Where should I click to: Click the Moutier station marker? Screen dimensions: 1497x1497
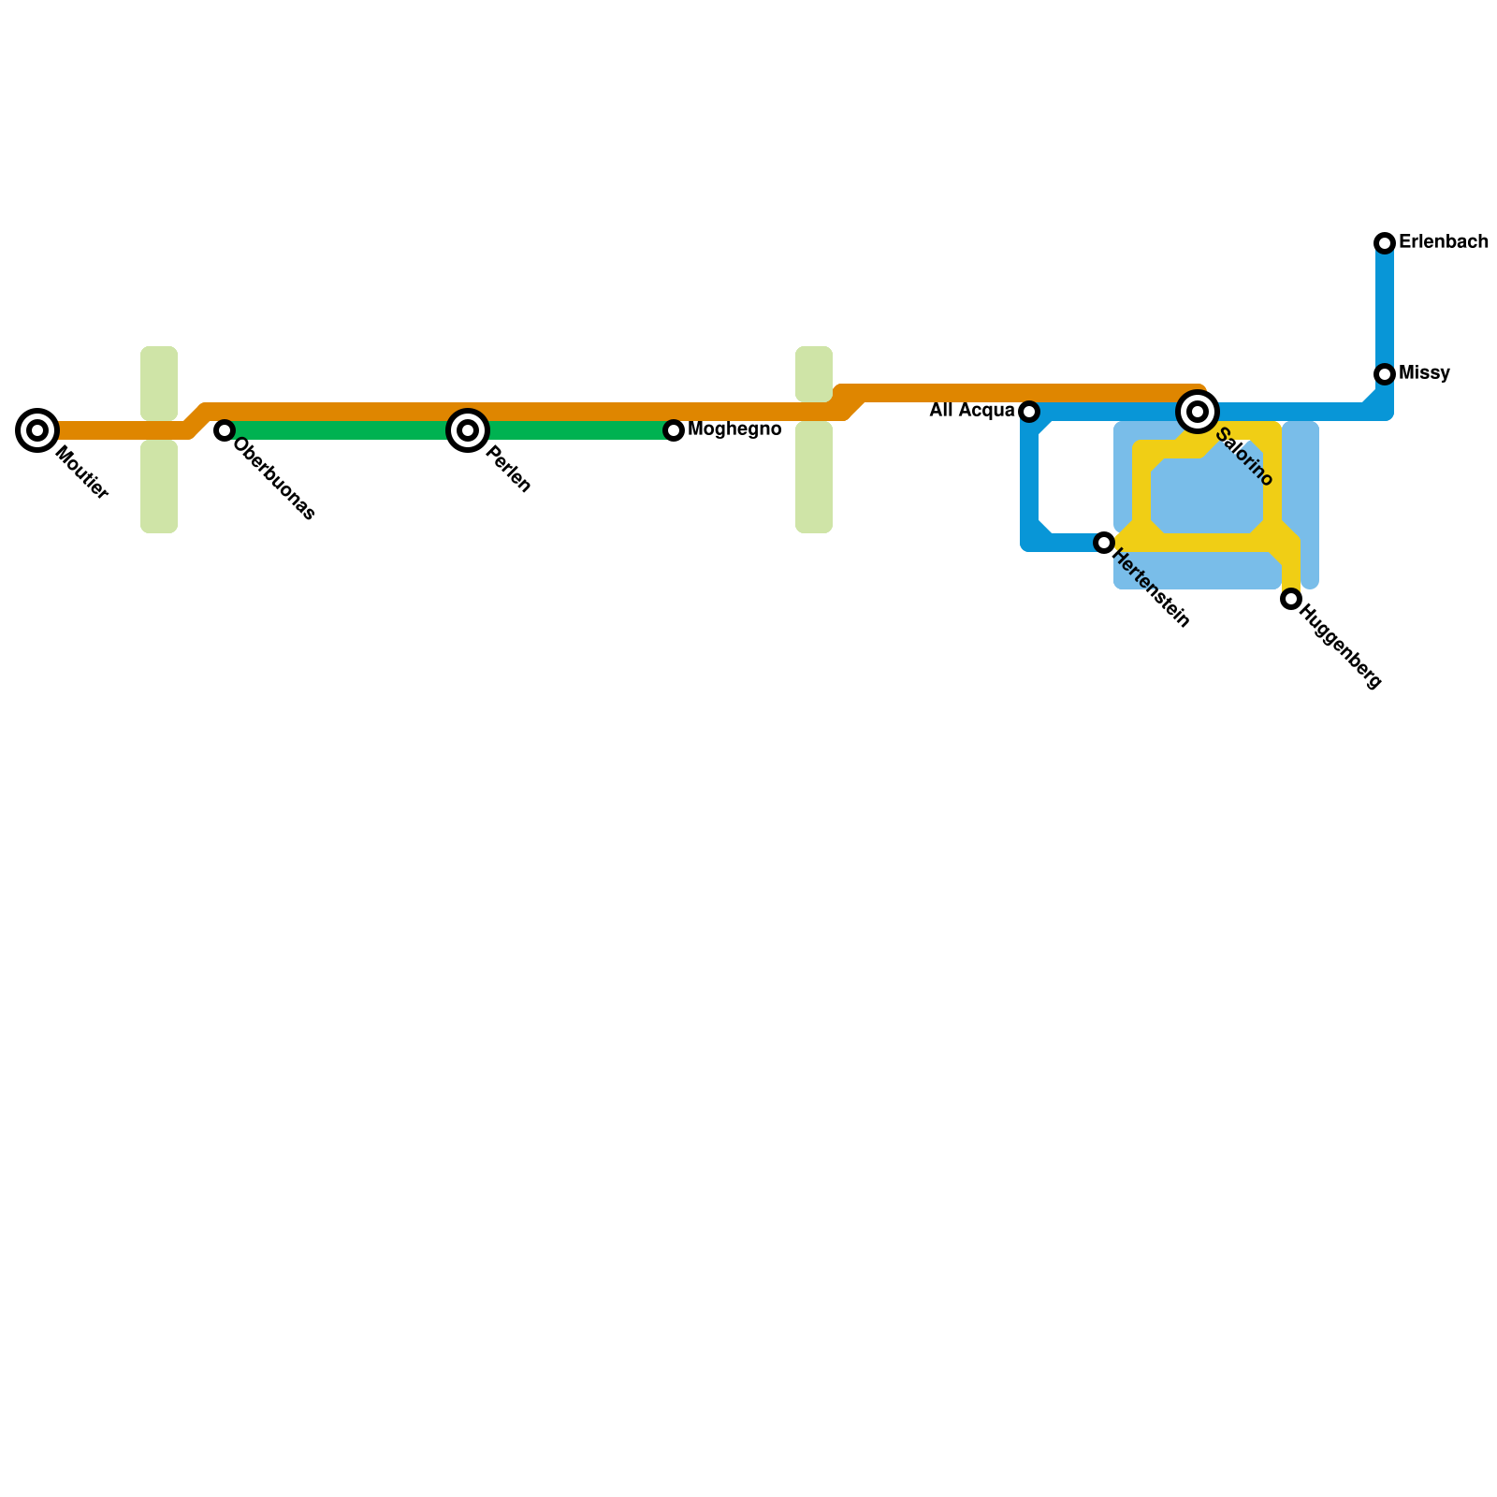click(37, 430)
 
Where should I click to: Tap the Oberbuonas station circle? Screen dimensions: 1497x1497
click(225, 430)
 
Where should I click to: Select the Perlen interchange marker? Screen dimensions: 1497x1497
click(468, 430)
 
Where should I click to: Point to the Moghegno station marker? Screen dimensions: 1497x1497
click(674, 430)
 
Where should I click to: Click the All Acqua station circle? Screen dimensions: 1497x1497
click(1029, 412)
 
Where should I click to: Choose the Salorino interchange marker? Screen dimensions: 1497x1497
click(1198, 412)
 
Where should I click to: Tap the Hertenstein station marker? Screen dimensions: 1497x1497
click(1104, 543)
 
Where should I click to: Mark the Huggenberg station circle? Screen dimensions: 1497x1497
click(1291, 599)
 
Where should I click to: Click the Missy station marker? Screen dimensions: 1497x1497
click(1385, 374)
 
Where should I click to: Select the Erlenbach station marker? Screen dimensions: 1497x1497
click(1385, 243)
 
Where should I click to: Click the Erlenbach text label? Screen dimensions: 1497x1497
click(1443, 242)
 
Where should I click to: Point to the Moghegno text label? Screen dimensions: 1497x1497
click(734, 429)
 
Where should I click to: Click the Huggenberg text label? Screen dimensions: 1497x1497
click(1341, 649)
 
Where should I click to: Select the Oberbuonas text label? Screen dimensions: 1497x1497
click(275, 479)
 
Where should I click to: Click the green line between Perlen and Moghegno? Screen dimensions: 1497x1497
click(571, 430)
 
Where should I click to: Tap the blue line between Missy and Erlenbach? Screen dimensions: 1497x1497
click(1385, 309)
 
